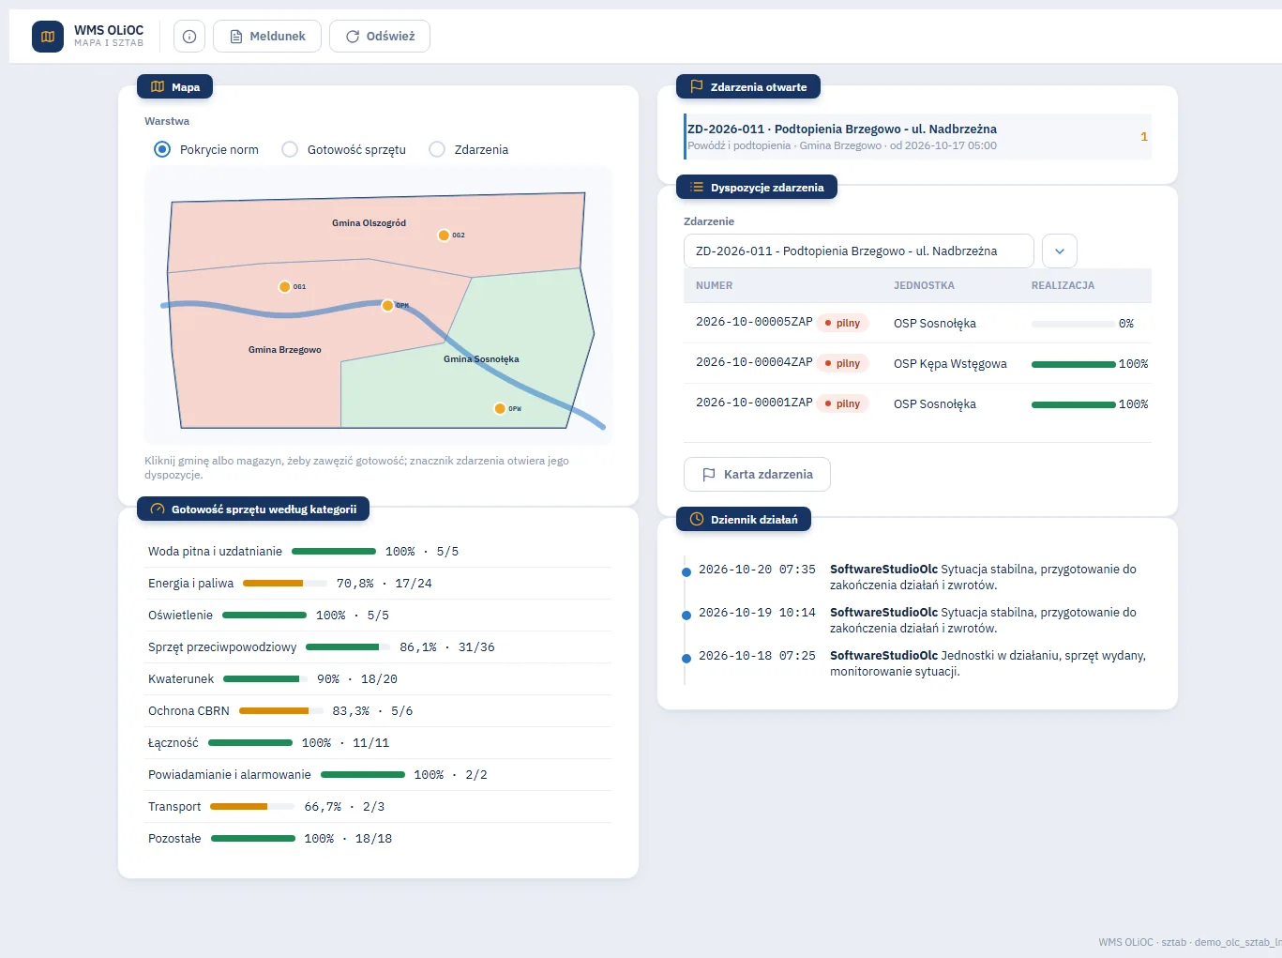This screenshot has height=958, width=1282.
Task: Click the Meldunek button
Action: coord(267,37)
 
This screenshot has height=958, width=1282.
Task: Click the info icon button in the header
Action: coord(189,37)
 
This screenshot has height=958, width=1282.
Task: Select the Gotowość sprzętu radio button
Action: coord(290,149)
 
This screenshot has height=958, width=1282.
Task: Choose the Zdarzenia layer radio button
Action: coord(437,149)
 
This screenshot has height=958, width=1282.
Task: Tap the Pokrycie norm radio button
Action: coord(162,149)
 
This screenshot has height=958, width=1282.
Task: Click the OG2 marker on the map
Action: coord(444,236)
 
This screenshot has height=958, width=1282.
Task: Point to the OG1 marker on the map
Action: coord(284,287)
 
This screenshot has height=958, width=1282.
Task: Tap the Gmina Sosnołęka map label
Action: coord(481,359)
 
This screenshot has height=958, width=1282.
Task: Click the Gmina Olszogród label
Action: coord(370,223)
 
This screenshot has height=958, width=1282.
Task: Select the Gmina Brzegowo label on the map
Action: coord(285,350)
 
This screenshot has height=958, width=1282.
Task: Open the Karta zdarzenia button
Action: coord(757,475)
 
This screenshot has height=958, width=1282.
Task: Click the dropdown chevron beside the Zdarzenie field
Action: coord(1060,251)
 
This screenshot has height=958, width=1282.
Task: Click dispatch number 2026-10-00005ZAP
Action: coord(754,322)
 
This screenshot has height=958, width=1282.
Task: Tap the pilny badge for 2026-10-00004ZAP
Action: coord(842,363)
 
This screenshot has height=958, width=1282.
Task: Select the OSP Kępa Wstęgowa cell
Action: coord(950,364)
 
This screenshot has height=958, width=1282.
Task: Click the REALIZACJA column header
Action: coord(1063,285)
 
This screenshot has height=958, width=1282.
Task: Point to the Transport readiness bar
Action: coord(252,807)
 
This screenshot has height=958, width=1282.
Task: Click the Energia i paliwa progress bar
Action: coord(285,584)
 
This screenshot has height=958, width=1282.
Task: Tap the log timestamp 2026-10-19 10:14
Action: coord(757,613)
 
